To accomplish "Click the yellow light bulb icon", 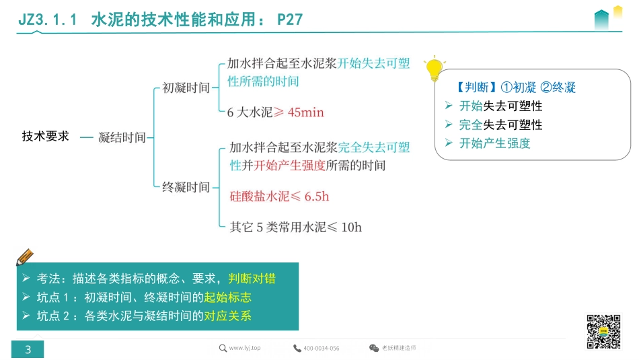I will click(x=435, y=69).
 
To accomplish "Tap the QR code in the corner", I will click(x=603, y=331).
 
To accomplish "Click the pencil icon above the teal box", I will click(x=24, y=257).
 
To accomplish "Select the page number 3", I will click(x=28, y=349).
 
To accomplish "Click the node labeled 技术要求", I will click(x=46, y=137).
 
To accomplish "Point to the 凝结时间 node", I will click(x=122, y=137).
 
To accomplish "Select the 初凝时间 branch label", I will click(x=186, y=87).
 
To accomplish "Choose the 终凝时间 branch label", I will click(x=186, y=187).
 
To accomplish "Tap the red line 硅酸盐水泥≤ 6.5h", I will click(x=279, y=196).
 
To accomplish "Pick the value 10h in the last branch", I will click(x=351, y=227).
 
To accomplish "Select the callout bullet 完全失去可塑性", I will click(x=500, y=124).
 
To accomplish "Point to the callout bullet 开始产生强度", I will click(x=494, y=143).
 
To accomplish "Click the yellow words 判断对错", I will click(x=252, y=279).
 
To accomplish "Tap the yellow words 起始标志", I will click(x=227, y=297).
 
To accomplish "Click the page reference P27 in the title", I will click(x=290, y=20).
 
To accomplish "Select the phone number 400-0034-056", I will click(x=321, y=348).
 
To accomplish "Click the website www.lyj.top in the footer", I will click(x=244, y=348).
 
